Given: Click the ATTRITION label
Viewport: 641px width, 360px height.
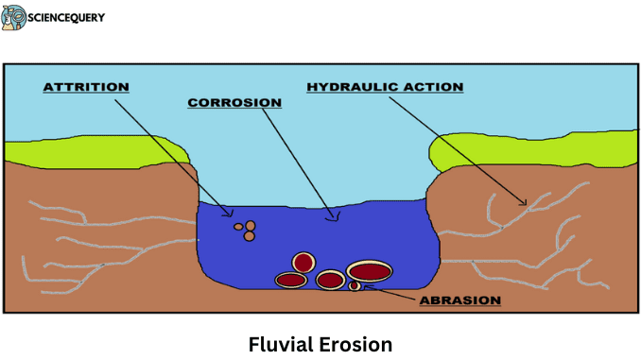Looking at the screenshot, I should [x=85, y=88].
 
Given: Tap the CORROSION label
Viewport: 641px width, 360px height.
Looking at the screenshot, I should [x=234, y=102].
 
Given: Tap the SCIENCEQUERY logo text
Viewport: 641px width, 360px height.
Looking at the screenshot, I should [x=67, y=17].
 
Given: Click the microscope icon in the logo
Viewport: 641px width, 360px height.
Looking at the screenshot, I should [x=14, y=17].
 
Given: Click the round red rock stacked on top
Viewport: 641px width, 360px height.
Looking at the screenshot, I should [x=303, y=261].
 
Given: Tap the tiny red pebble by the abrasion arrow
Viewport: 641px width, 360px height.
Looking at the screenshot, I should [x=355, y=285].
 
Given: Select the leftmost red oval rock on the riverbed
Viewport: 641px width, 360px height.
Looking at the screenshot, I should [x=290, y=280].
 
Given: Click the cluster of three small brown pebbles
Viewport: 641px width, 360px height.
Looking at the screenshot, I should [x=246, y=230].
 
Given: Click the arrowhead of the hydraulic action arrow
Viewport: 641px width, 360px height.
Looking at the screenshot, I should [x=526, y=203].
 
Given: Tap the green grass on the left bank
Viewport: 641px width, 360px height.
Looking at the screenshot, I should [x=95, y=149].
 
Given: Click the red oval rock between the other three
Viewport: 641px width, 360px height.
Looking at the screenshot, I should [x=330, y=280].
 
